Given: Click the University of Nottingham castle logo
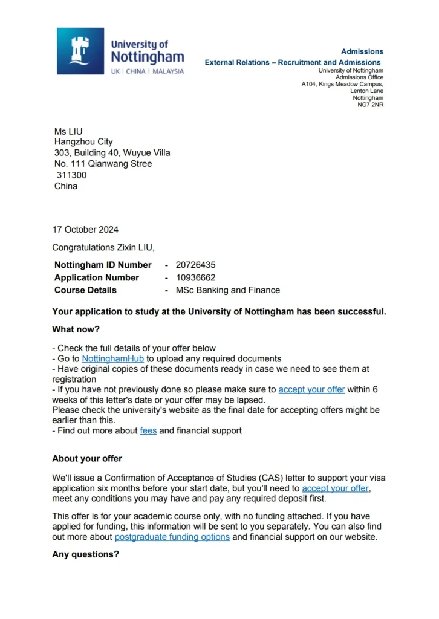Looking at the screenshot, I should [80, 51].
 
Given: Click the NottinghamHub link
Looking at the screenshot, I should [113, 358].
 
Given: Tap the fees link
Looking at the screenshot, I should [148, 431].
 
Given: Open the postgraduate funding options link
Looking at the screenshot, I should [172, 537].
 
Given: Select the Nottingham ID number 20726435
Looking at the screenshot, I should [195, 265].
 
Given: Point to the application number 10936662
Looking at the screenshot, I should [195, 277].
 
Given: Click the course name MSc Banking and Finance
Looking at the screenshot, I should [228, 290].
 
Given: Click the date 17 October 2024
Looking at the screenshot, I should [85, 230].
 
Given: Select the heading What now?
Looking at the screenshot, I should [76, 329].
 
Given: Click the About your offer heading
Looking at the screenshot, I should [87, 459].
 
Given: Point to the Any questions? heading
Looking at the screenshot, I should [85, 554].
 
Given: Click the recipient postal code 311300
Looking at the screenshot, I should [71, 175].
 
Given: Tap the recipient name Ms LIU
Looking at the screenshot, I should [68, 131].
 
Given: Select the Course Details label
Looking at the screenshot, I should [85, 290].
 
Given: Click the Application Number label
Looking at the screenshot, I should [97, 277].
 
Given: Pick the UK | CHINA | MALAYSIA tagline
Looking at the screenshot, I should [148, 71].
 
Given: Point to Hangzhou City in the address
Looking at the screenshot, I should [83, 142].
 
